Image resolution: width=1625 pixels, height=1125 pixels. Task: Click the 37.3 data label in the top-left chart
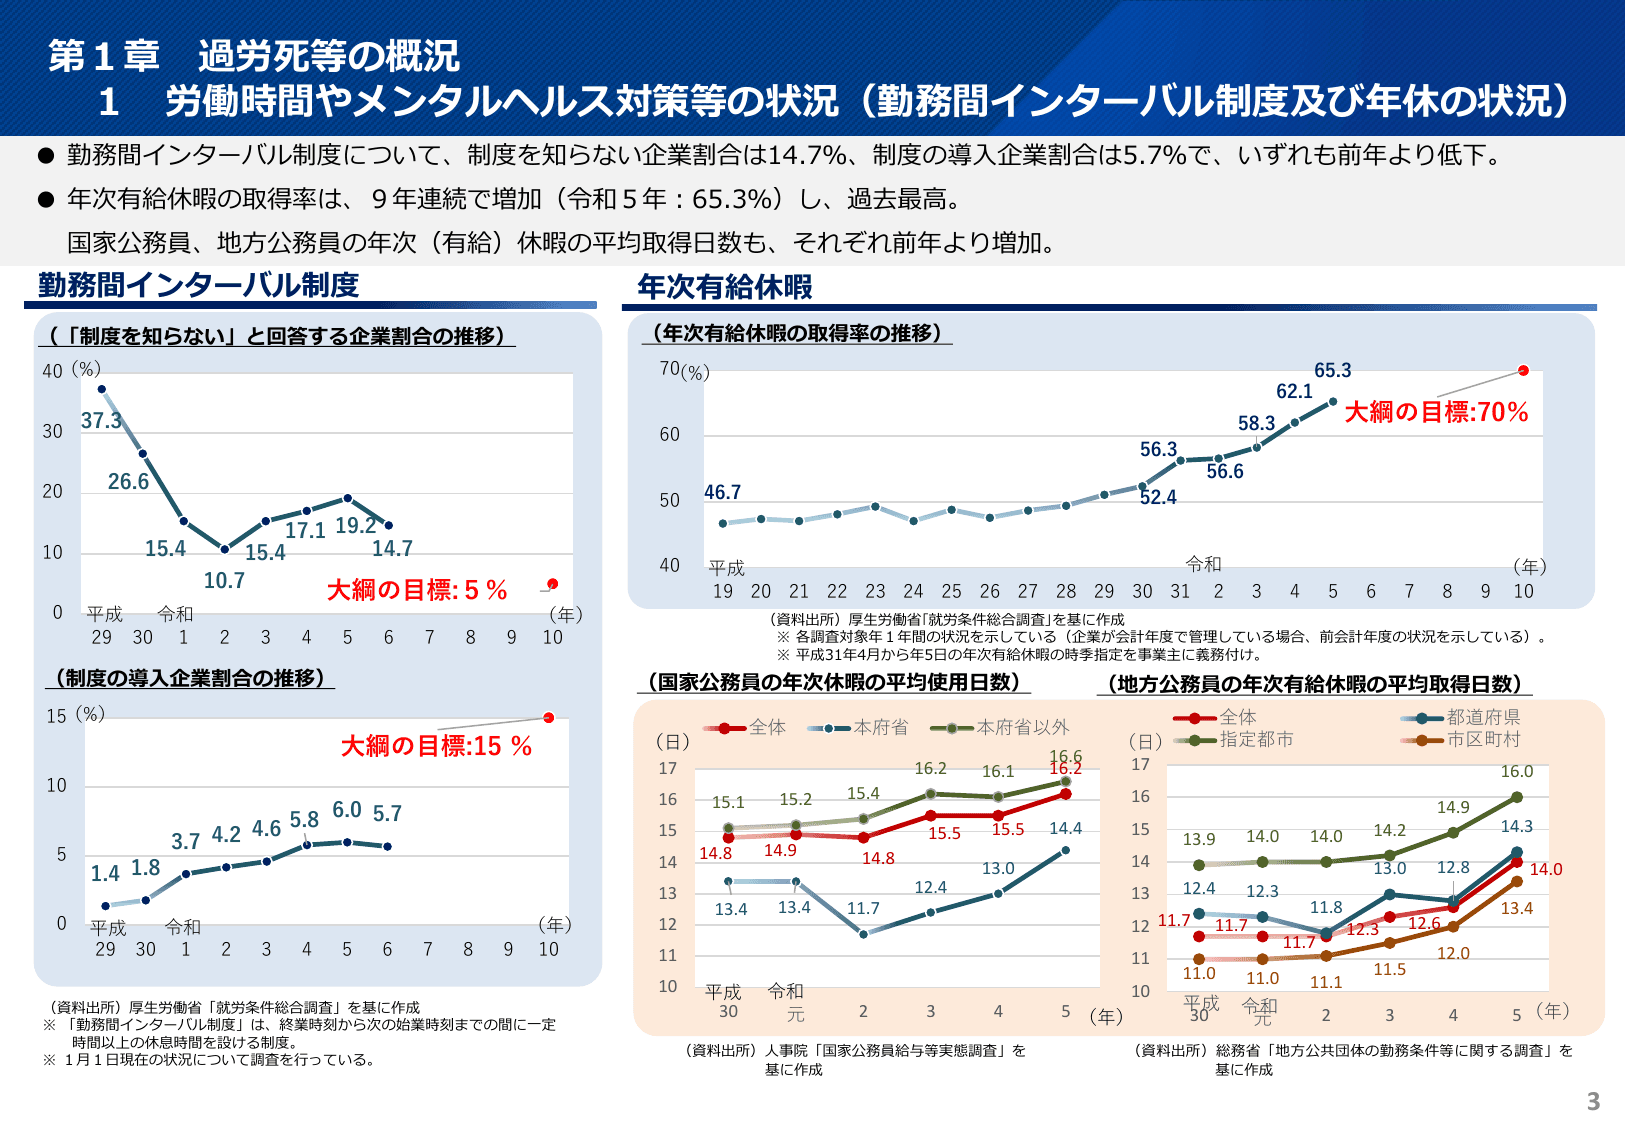[x=101, y=421]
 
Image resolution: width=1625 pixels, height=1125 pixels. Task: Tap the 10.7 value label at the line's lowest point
[x=224, y=581]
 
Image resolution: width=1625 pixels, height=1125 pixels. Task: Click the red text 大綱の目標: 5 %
[x=417, y=590]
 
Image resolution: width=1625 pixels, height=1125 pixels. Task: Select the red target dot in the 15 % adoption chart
[x=548, y=717]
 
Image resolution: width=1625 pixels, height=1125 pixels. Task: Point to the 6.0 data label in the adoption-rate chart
[x=347, y=810]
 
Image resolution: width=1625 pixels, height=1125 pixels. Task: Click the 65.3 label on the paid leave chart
[x=1332, y=370]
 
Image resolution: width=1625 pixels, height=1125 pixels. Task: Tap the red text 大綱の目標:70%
[x=1436, y=412]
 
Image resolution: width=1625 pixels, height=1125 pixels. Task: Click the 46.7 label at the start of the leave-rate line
[x=722, y=492]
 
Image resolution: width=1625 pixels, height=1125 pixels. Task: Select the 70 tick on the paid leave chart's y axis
[x=669, y=368]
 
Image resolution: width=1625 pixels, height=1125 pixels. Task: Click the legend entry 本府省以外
[x=1022, y=727]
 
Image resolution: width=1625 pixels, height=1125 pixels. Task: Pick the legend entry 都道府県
[x=1483, y=717]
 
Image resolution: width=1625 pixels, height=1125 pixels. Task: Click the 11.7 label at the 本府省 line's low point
[x=863, y=908]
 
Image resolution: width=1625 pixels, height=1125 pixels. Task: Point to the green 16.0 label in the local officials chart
[x=1516, y=772]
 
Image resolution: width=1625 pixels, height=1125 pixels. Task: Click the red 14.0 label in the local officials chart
[x=1545, y=869]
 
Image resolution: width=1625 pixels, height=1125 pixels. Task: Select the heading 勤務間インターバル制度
[x=198, y=285]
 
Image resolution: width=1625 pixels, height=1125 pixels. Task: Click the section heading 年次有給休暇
[x=725, y=287]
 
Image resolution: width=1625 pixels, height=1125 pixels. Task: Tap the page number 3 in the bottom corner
[x=1593, y=1101]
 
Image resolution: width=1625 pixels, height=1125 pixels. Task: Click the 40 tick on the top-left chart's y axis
[x=52, y=371]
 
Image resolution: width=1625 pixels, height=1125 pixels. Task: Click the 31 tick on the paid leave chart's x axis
[x=1180, y=591]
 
